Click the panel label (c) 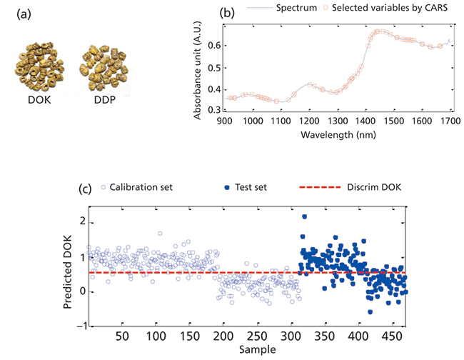86,189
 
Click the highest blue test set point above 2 304,216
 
